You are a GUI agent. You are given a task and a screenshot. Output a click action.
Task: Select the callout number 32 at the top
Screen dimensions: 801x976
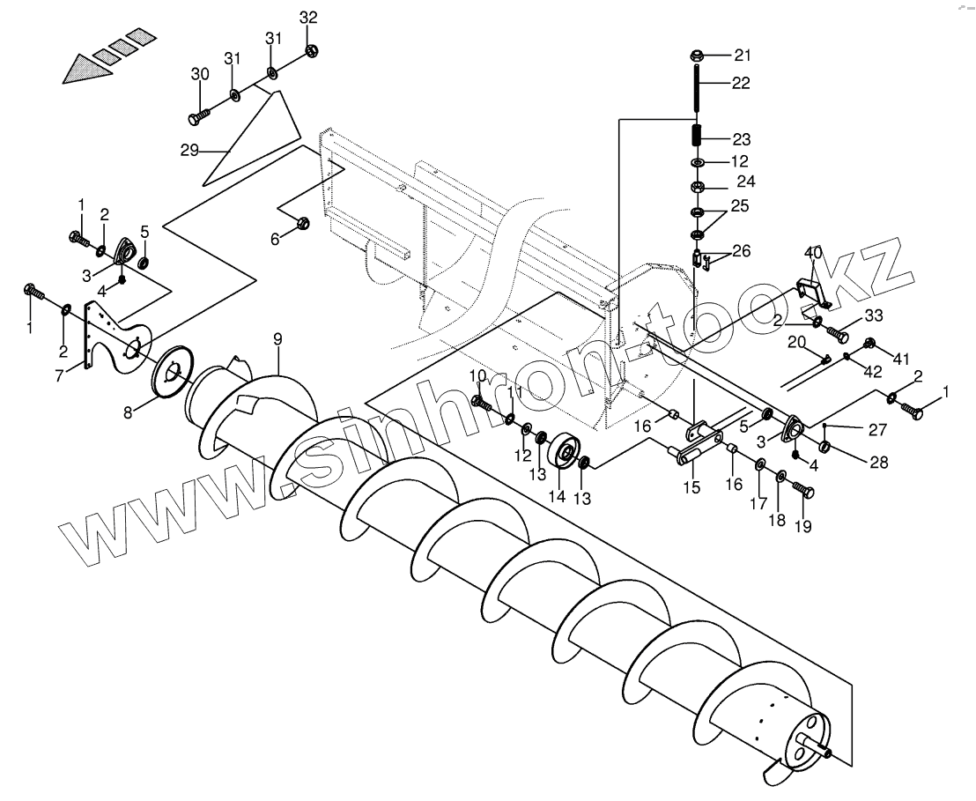pyautogui.click(x=307, y=18)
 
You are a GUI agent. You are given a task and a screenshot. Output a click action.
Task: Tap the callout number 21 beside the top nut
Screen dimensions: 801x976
pyautogui.click(x=743, y=56)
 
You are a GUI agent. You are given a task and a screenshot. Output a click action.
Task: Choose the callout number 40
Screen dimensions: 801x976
pyautogui.click(x=813, y=253)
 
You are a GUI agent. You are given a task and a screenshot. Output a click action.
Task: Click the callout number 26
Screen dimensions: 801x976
pyautogui.click(x=741, y=251)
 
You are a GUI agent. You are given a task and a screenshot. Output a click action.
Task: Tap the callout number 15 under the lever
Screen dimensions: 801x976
pyautogui.click(x=691, y=486)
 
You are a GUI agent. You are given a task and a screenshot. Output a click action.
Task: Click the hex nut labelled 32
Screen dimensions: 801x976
pyautogui.click(x=311, y=50)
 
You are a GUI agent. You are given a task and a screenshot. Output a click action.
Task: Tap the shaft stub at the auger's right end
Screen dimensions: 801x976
pyautogui.click(x=829, y=752)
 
